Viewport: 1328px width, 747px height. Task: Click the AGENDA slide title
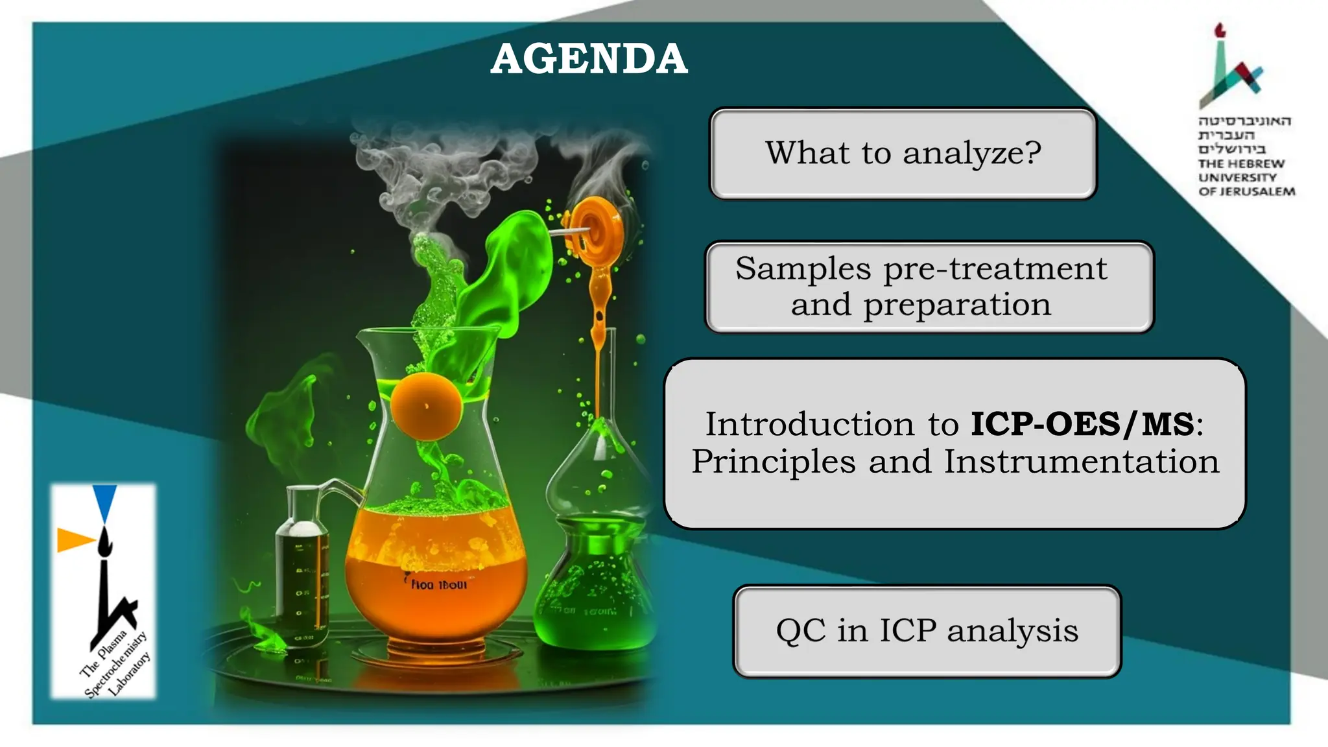pos(588,59)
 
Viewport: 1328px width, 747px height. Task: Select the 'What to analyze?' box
pos(903,154)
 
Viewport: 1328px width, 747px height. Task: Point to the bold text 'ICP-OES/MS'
pos(1082,425)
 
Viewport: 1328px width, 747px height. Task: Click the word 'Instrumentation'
pos(1081,462)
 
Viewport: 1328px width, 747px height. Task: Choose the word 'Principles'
pos(774,462)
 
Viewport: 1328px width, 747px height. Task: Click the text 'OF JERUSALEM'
pos(1246,192)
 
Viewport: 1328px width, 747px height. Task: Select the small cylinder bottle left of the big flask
pos(302,571)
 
